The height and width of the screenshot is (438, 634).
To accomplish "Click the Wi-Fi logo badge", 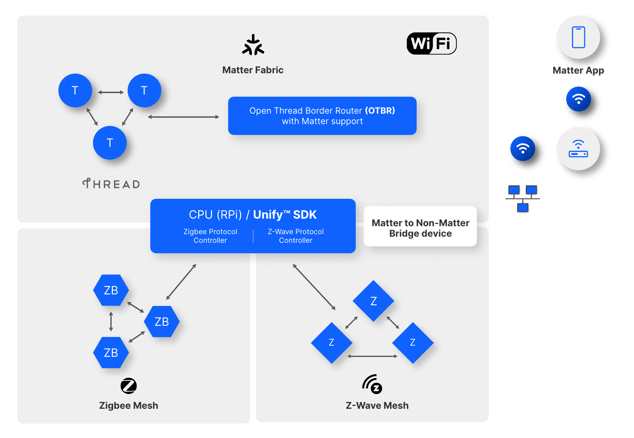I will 431,44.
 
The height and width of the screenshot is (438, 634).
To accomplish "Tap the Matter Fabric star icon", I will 253,45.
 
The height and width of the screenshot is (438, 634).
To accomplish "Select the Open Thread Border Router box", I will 322,116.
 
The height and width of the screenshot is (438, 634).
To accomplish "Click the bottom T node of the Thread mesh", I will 110,143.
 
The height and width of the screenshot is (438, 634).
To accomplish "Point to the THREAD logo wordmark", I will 111,184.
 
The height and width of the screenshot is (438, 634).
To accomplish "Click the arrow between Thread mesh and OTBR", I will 183,117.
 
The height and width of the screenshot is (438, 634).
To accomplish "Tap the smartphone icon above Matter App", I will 578,37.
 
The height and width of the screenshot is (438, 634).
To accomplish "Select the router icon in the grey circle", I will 578,149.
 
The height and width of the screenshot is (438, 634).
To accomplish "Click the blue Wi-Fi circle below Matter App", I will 578,99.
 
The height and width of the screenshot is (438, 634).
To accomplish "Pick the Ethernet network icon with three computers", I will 522,198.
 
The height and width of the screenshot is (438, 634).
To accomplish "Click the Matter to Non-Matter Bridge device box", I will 420,228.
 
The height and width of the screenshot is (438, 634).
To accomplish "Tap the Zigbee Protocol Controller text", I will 210,236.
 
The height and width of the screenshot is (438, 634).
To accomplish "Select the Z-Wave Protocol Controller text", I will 296,236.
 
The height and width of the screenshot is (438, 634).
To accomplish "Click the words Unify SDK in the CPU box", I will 285,215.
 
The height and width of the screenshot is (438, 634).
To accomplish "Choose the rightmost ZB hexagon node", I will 161,321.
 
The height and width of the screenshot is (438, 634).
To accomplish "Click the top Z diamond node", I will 373,301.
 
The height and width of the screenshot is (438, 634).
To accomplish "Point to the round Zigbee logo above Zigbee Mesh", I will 129,386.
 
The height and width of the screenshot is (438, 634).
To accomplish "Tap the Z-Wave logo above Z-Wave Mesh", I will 372,384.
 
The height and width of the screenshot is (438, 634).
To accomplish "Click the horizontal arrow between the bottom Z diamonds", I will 372,356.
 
